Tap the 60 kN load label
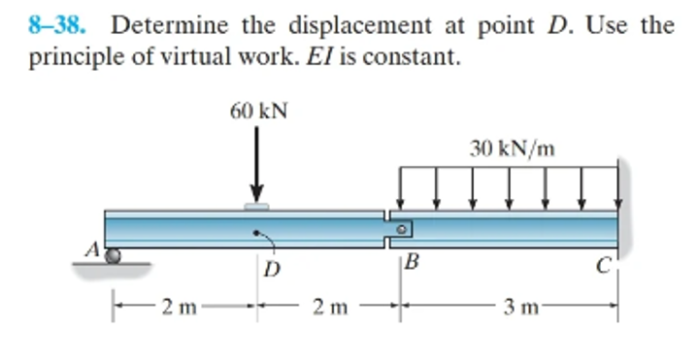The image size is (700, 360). tap(258, 111)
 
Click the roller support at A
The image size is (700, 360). tap(115, 256)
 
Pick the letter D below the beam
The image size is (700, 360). tap(272, 270)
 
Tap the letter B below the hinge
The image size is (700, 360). tap(412, 263)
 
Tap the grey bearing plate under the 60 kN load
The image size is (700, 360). tap(256, 206)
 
